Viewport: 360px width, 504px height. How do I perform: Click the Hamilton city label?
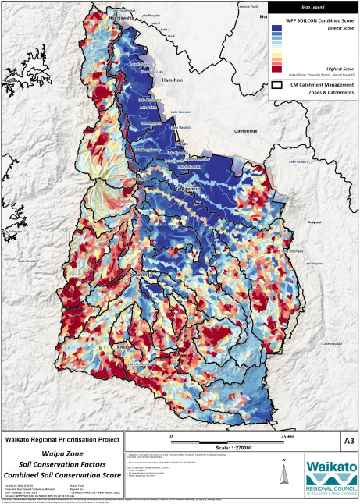[x=172, y=80]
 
